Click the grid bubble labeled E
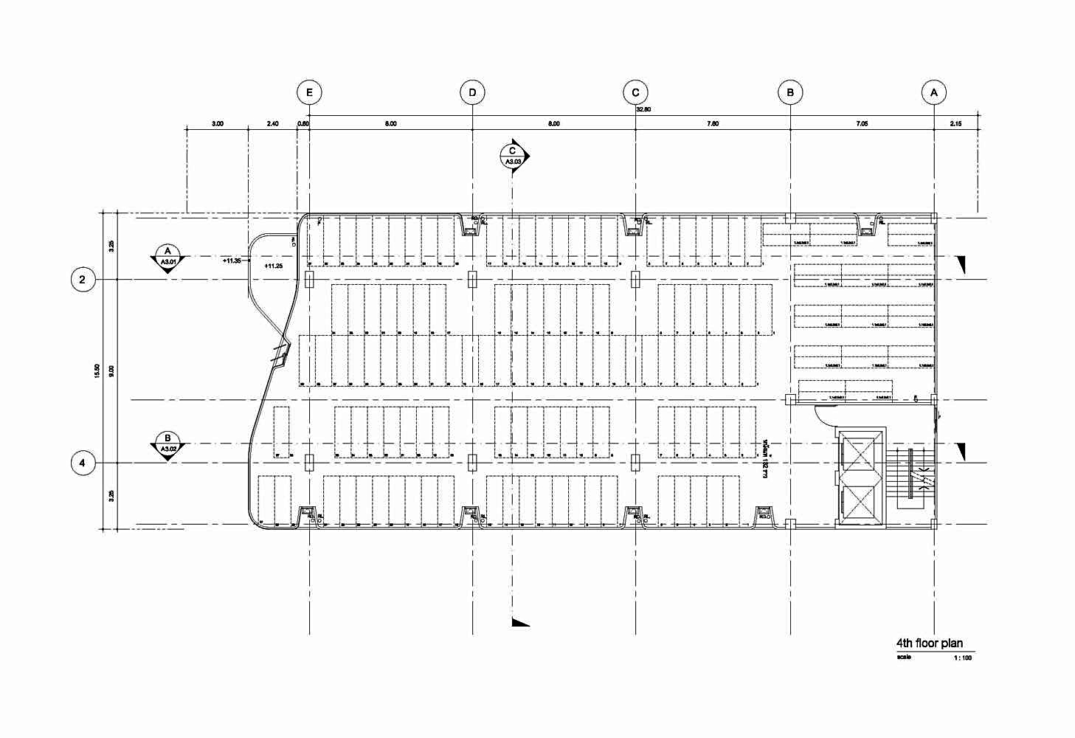(309, 92)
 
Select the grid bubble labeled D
(472, 92)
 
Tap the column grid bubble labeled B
(790, 92)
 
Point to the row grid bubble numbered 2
(83, 280)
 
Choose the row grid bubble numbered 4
(83, 463)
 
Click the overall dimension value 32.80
(643, 109)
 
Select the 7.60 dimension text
(712, 124)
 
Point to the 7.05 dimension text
(862, 124)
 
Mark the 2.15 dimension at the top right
(955, 124)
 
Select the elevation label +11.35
(232, 261)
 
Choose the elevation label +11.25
(273, 266)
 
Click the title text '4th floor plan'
(929, 644)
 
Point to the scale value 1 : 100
(963, 658)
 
